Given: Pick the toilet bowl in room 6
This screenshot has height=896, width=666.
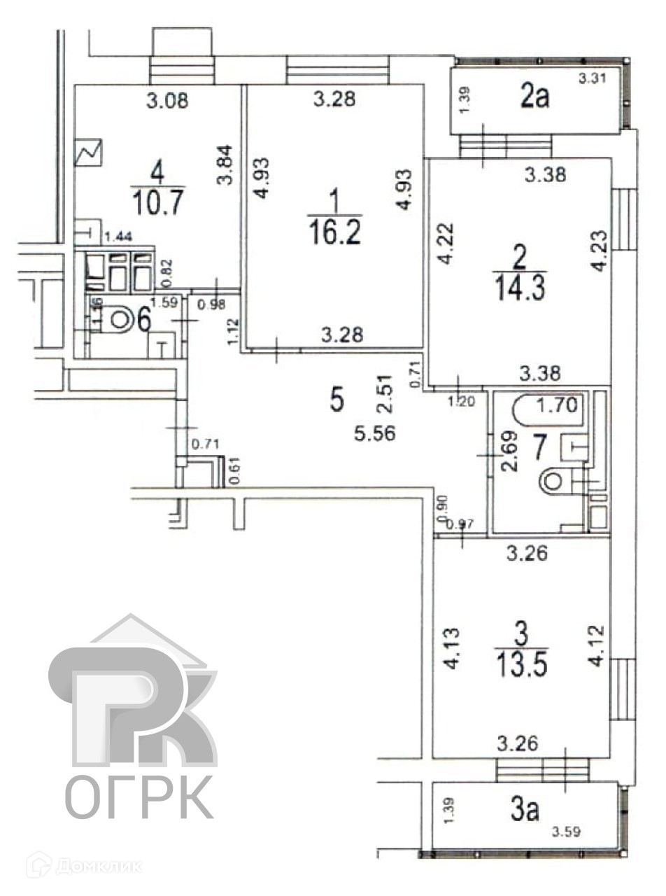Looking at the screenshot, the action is point(120,320).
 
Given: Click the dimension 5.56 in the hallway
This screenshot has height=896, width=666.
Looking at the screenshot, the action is point(375,434).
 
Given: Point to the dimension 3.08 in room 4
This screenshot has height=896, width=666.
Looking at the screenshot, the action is point(166,101).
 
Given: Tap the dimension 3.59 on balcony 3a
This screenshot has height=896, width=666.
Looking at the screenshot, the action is point(567,832).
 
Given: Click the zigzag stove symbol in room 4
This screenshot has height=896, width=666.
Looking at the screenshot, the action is point(90,152).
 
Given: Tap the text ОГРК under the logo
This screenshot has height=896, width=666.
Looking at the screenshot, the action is point(139,797).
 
